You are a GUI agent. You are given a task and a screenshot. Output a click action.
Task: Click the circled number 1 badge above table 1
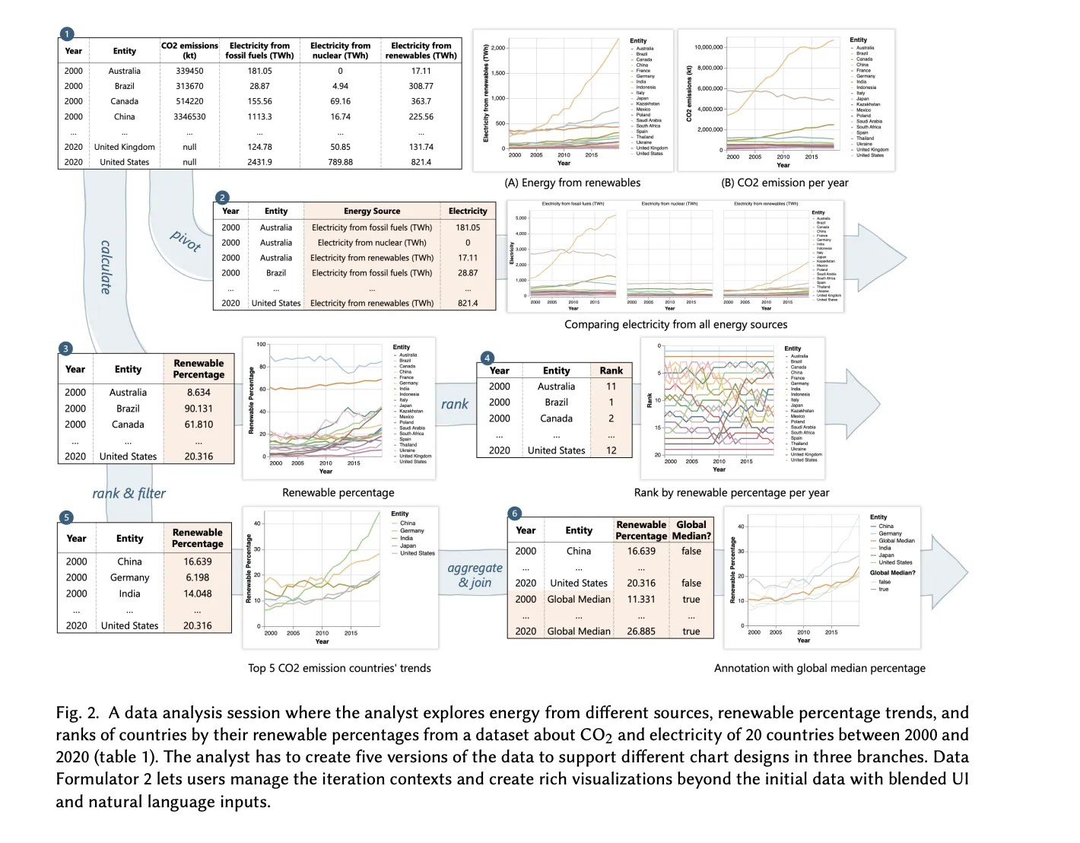click(67, 33)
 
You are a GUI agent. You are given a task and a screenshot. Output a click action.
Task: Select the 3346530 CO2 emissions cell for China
click(189, 116)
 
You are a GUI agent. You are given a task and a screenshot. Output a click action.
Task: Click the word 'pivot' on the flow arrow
click(186, 240)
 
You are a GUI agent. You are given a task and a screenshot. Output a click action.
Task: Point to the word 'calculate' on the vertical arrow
click(106, 266)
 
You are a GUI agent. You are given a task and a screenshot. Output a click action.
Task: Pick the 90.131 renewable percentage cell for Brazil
click(199, 409)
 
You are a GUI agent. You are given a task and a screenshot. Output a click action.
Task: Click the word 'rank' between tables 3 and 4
click(454, 404)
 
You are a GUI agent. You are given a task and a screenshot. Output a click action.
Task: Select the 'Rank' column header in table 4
click(611, 371)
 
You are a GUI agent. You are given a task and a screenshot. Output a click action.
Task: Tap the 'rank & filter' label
click(129, 493)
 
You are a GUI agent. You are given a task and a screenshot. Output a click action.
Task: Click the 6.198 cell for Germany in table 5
click(197, 577)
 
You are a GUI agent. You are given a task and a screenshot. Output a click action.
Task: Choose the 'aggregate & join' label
click(475, 575)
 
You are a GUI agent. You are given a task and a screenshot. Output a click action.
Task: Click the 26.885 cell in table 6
click(641, 631)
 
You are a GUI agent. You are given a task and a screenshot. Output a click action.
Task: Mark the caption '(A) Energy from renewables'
click(572, 183)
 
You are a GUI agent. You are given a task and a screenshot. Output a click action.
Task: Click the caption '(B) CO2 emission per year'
click(784, 183)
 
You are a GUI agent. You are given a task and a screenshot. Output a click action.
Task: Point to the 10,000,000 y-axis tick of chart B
click(708, 47)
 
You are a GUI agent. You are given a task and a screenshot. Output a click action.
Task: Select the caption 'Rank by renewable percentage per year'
click(731, 492)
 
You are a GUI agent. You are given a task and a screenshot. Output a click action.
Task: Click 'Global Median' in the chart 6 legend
click(897, 540)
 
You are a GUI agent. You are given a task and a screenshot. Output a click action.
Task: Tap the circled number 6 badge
click(515, 514)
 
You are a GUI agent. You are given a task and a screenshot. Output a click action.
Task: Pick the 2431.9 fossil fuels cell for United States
click(259, 162)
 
